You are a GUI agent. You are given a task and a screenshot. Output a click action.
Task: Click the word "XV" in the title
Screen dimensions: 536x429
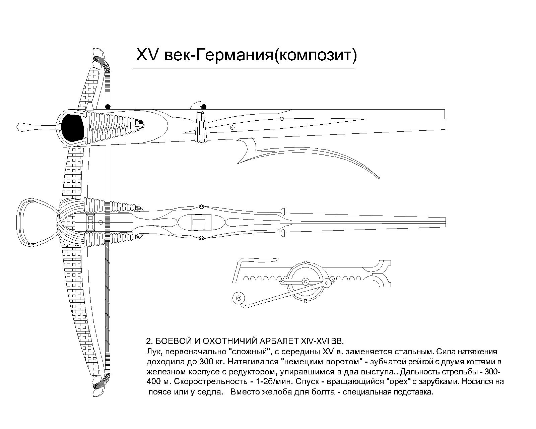[x=147, y=55]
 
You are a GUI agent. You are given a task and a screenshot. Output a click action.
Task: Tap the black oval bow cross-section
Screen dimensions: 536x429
[x=72, y=128]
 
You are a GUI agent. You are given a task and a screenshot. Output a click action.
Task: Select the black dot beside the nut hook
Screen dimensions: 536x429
[x=204, y=107]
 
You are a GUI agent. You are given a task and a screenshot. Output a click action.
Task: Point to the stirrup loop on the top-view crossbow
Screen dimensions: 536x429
[x=38, y=222]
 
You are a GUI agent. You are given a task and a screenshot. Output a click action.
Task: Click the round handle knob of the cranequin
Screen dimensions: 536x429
[x=239, y=298]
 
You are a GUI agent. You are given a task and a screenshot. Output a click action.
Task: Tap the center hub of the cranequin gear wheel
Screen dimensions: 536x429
[x=306, y=282]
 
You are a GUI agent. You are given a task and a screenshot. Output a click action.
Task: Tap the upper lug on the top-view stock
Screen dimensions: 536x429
[x=283, y=211]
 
